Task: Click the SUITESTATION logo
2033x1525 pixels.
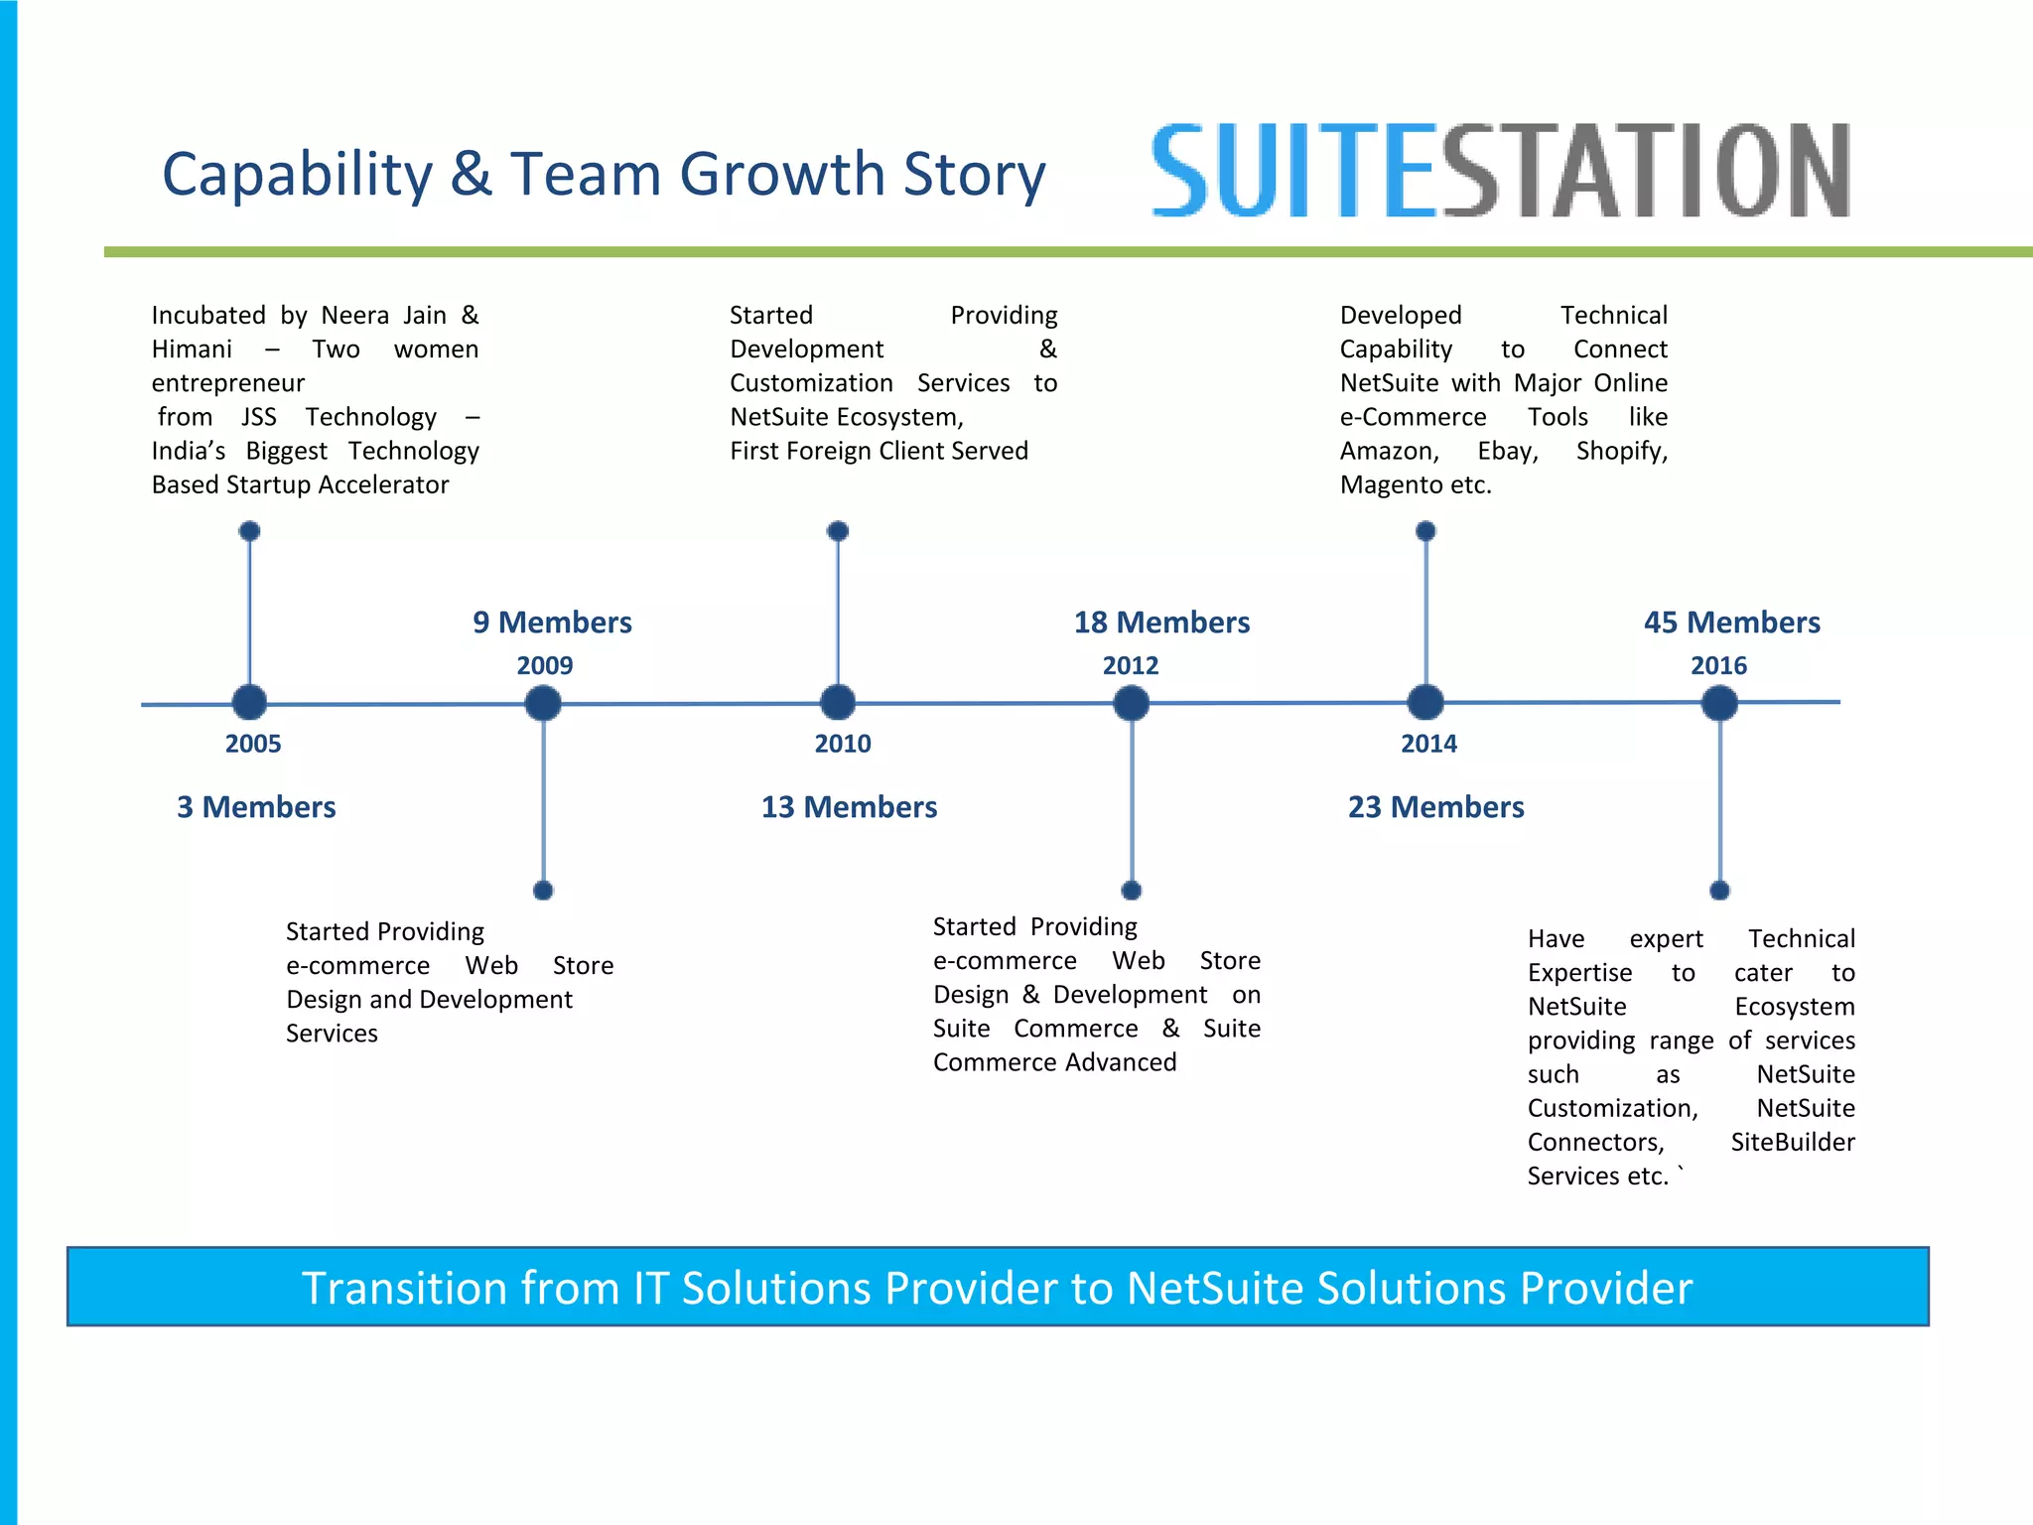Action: (1499, 171)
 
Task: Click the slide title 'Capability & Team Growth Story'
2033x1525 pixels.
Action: (604, 174)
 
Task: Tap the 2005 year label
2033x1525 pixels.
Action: (253, 744)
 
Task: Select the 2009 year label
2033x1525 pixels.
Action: (544, 665)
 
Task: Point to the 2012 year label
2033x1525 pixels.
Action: (1131, 665)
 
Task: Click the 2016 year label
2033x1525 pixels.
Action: (1718, 665)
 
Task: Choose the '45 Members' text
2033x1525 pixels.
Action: (1731, 623)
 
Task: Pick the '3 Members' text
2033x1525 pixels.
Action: (256, 807)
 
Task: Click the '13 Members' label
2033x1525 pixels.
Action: (849, 807)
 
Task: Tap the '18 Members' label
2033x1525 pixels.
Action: (1161, 623)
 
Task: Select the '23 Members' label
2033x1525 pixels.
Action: (1435, 807)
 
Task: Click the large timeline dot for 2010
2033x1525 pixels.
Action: (838, 703)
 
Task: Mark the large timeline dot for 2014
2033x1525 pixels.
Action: (1425, 702)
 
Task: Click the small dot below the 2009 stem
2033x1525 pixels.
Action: (543, 891)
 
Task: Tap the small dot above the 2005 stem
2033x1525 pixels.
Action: (250, 531)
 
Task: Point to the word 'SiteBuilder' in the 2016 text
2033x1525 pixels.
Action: (1792, 1142)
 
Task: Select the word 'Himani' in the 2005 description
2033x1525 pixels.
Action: (192, 349)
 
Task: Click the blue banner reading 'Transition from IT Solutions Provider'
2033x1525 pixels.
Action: (997, 1287)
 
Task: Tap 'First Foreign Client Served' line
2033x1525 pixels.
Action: (879, 451)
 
